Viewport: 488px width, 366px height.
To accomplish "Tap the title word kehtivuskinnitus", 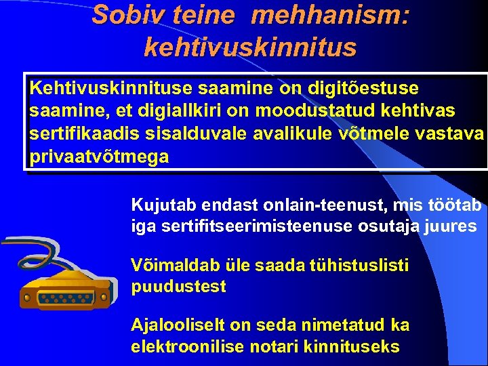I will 250,47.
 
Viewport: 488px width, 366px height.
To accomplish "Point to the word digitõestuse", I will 363,89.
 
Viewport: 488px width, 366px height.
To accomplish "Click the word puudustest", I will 178,287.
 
